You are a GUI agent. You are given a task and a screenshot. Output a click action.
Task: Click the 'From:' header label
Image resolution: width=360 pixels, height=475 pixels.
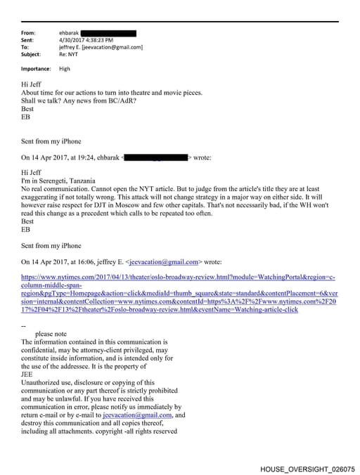(x=28, y=33)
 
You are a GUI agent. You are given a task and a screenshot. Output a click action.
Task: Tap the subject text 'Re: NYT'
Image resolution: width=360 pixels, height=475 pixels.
(x=70, y=54)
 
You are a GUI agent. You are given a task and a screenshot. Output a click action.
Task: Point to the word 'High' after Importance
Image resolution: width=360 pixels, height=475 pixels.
(x=64, y=69)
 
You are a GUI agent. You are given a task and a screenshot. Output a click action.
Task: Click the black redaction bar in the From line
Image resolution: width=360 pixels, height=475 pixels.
(x=108, y=33)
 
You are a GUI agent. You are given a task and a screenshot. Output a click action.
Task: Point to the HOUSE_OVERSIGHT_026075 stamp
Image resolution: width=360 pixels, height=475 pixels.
(x=307, y=468)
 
